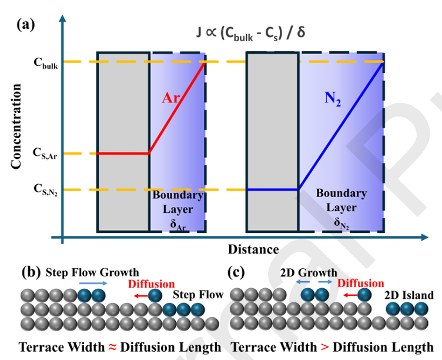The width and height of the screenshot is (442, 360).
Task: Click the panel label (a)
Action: (x=26, y=25)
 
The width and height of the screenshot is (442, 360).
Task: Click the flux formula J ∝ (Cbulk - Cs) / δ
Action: (x=250, y=33)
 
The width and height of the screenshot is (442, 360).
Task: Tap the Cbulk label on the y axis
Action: (x=46, y=63)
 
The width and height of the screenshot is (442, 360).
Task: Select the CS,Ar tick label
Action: (x=45, y=154)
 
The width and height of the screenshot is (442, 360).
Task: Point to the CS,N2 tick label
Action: (x=45, y=189)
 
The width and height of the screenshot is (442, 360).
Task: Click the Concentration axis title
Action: (x=16, y=126)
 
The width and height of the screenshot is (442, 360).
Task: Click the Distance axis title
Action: (x=253, y=249)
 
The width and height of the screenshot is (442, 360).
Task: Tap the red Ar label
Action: (x=171, y=98)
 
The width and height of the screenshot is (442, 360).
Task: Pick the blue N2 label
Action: (x=333, y=99)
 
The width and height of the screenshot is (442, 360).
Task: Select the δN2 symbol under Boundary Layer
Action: (x=341, y=223)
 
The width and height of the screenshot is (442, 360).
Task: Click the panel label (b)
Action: (x=31, y=273)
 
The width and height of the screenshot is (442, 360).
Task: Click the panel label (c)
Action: (x=236, y=272)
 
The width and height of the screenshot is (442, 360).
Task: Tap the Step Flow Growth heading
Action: (x=92, y=272)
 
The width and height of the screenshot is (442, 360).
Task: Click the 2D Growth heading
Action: (x=309, y=272)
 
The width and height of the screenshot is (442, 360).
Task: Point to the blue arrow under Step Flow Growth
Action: (x=93, y=284)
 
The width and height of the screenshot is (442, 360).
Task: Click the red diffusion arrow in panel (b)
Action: (x=141, y=296)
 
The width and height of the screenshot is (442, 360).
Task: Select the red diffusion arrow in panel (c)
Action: (x=350, y=295)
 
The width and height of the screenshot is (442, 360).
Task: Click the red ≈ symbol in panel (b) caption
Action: (x=112, y=347)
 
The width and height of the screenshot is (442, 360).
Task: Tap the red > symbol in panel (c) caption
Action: (x=324, y=347)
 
